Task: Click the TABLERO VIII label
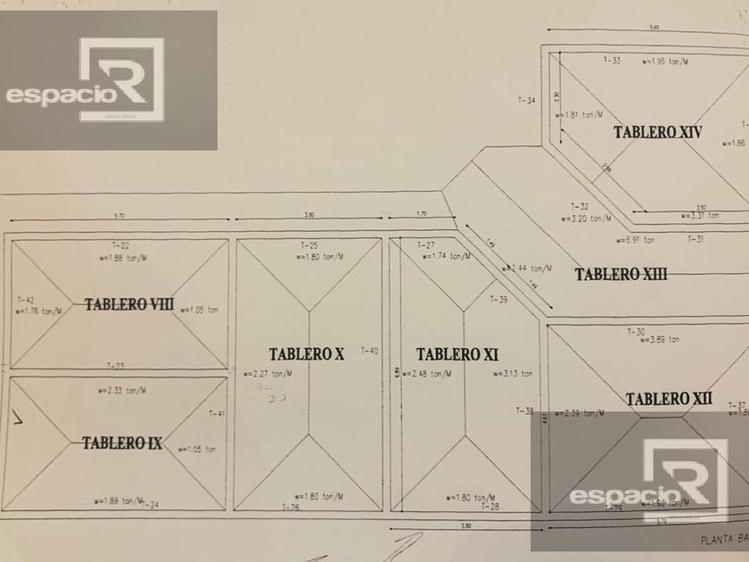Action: pyautogui.click(x=129, y=304)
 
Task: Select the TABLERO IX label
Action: pyautogui.click(x=122, y=442)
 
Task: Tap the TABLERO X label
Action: pyautogui.click(x=306, y=354)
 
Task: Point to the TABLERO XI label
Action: pyautogui.click(x=457, y=354)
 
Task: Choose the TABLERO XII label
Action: pyautogui.click(x=669, y=399)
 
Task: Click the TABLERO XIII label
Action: pyautogui.click(x=621, y=274)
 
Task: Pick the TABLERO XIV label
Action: pyautogui.click(x=657, y=132)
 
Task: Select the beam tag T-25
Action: pyautogui.click(x=309, y=244)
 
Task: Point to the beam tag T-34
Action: pyautogui.click(x=527, y=100)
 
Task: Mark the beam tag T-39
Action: pyautogui.click(x=498, y=300)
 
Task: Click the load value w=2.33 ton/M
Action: pyautogui.click(x=123, y=390)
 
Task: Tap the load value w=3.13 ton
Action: pyautogui.click(x=513, y=374)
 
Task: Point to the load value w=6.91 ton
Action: pyautogui.click(x=635, y=240)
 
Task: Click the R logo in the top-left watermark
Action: pyautogui.click(x=121, y=79)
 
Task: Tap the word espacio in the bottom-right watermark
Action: pyautogui.click(x=604, y=496)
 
